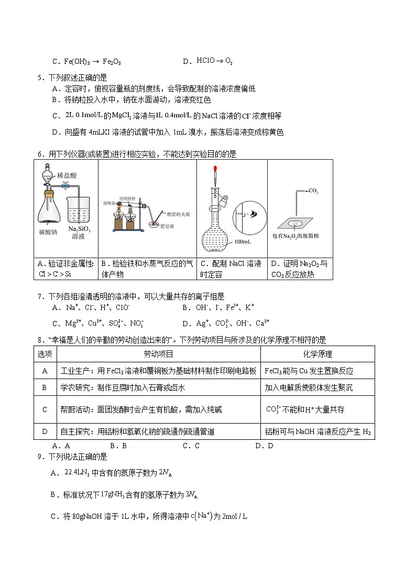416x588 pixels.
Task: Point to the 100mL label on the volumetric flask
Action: coord(242,242)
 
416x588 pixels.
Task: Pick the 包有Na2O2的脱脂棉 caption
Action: coord(300,236)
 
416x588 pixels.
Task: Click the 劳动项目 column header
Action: coord(158,354)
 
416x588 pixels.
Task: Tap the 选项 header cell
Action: coord(45,354)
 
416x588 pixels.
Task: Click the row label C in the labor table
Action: coord(45,409)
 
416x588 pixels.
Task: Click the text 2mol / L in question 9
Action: coord(234,516)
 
